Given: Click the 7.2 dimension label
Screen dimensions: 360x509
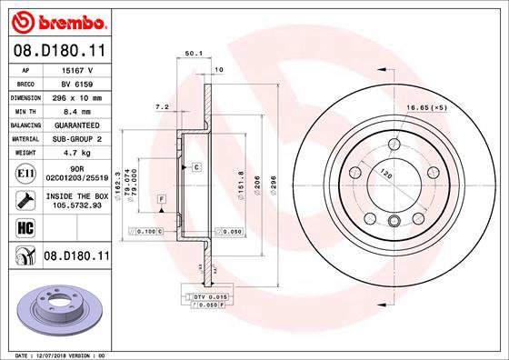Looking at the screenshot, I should coord(163,107).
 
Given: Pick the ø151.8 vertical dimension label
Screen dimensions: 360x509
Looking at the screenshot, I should coord(240,184).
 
